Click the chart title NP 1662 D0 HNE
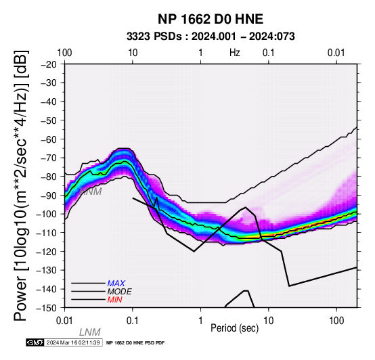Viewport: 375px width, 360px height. click(x=211, y=19)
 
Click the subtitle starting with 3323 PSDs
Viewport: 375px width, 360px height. click(x=211, y=37)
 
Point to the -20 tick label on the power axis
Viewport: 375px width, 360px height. click(x=49, y=64)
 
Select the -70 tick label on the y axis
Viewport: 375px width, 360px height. click(x=49, y=158)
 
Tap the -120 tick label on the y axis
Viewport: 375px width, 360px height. click(x=47, y=252)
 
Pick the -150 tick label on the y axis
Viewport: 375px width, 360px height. click(x=47, y=308)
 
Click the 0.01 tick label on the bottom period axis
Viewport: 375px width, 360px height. click(x=64, y=321)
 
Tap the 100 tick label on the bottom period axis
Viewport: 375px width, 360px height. click(x=336, y=321)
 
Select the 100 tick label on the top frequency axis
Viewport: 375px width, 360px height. click(x=64, y=53)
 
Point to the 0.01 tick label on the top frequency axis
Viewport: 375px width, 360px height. click(x=336, y=53)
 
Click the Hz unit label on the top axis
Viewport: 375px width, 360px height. click(x=235, y=53)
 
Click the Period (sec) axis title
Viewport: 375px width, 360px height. click(x=235, y=328)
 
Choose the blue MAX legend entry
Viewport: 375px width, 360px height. click(x=116, y=284)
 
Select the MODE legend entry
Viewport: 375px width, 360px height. click(x=119, y=292)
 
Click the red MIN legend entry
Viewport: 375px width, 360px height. click(x=114, y=300)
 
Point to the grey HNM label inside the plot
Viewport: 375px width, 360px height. click(x=91, y=192)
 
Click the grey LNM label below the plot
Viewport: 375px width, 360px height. click(x=89, y=332)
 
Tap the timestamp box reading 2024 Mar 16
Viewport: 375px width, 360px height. click(x=74, y=342)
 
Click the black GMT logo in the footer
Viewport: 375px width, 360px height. click(x=35, y=342)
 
